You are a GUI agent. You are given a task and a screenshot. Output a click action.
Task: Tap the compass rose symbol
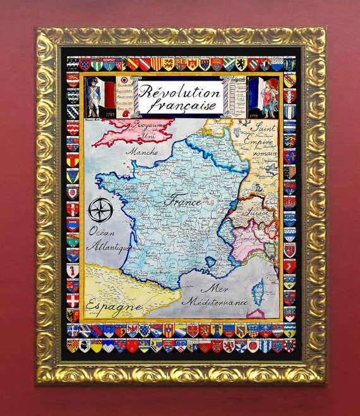pos(99,211)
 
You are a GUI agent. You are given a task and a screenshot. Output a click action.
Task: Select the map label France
pos(182,202)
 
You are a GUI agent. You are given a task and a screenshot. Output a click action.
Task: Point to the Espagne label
pos(114,305)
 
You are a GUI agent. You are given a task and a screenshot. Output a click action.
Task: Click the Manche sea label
pos(141,152)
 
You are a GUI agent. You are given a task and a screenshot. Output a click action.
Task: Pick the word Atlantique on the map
pos(109,245)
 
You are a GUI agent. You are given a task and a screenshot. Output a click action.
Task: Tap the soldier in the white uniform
pos(93,95)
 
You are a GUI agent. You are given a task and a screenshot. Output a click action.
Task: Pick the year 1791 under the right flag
pos(255,114)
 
